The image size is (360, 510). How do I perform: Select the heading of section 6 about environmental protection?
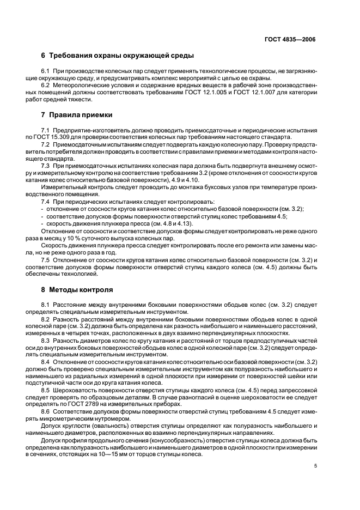(x=118, y=56)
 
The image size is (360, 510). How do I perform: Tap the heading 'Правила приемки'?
(x=81, y=115)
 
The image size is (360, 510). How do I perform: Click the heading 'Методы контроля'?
(x=81, y=289)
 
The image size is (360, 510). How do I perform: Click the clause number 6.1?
(x=46, y=71)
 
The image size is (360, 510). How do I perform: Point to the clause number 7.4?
(x=46, y=202)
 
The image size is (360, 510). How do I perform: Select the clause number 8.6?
(x=46, y=411)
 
